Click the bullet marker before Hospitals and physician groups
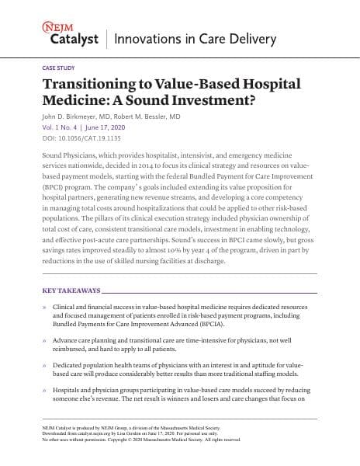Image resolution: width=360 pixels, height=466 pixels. click(45, 391)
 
